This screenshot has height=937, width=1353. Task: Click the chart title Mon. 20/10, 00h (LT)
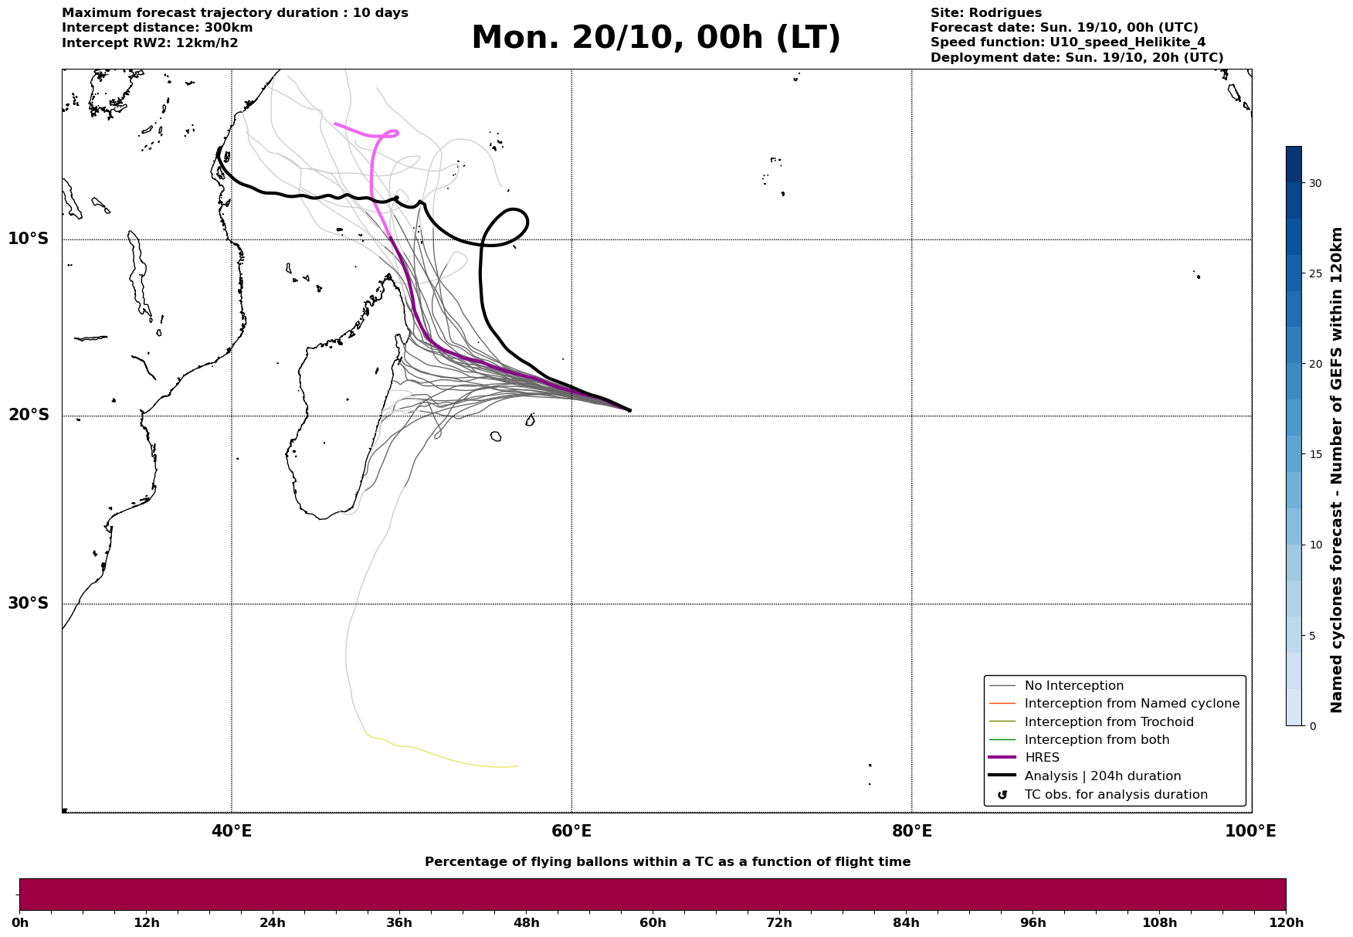(656, 38)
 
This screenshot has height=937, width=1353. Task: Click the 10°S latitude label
(29, 239)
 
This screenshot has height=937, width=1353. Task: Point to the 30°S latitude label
(29, 603)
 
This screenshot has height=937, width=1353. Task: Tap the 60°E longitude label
(571, 831)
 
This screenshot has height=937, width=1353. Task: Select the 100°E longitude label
(1250, 831)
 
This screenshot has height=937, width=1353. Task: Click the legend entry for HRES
(1042, 758)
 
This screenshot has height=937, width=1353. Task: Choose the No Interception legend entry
(1073, 686)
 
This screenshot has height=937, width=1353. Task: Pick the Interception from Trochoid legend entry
(1108, 722)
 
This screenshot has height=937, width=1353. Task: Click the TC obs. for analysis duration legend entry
(1115, 795)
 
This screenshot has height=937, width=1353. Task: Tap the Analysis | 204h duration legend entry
(1102, 776)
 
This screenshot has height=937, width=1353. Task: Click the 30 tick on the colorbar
(1314, 183)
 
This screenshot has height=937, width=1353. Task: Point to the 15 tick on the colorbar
(1314, 454)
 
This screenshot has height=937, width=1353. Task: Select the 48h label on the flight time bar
(526, 923)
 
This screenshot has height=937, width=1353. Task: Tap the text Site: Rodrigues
(985, 13)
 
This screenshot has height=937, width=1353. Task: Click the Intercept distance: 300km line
(157, 28)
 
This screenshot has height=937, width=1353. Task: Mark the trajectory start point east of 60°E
(629, 410)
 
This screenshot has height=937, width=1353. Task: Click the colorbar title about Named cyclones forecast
(1337, 470)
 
